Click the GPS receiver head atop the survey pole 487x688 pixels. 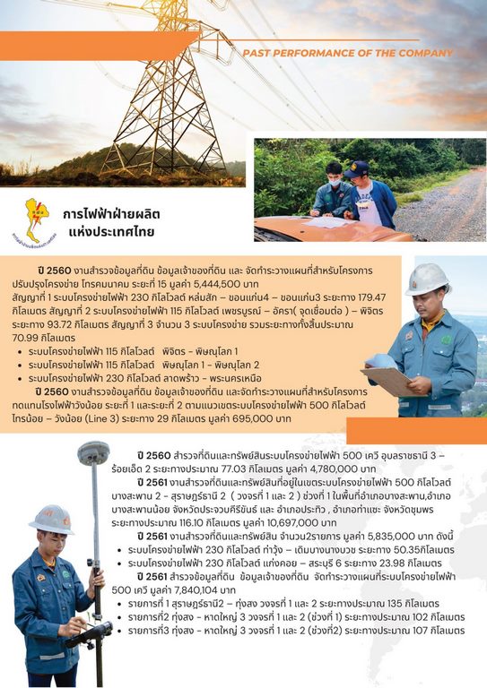click(93, 453)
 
